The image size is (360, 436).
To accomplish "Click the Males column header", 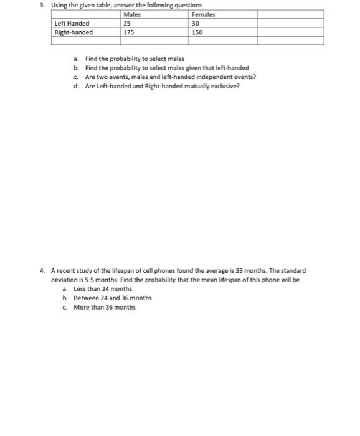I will point(132,15).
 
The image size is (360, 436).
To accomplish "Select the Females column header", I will point(204,15).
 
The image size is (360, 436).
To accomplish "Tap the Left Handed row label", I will point(72,24).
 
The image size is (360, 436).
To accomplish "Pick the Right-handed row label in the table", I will point(74,32).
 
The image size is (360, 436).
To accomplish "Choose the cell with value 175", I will point(129,32).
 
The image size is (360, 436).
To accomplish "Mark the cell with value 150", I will point(197,32).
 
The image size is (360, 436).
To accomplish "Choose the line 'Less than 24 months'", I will point(103,289).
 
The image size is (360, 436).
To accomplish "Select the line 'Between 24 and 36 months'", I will point(112,298).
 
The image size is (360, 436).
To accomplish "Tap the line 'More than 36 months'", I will point(104,307).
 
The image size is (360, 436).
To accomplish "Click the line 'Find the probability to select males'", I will point(135,59).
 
